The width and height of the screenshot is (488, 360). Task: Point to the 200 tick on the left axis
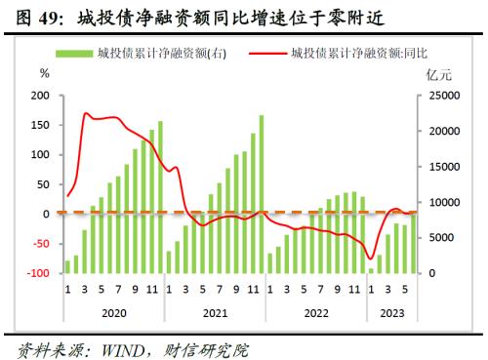click(x=41, y=96)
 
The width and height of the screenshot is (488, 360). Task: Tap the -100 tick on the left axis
click(x=39, y=273)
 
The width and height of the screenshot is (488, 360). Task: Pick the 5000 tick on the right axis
click(x=440, y=238)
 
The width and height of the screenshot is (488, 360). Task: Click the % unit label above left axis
click(x=44, y=73)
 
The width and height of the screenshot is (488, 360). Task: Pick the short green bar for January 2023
click(x=371, y=270)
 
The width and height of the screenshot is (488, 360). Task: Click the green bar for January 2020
click(x=67, y=266)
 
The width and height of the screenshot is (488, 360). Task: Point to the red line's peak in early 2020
click(x=86, y=114)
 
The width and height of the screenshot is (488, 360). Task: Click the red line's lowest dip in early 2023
click(x=371, y=257)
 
